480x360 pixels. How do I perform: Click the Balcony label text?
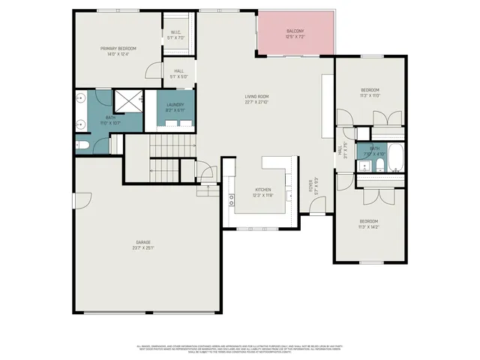(295, 30)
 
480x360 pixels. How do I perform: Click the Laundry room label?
(176, 105)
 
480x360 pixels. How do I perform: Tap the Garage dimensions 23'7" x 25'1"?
(142, 248)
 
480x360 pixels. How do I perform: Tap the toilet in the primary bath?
(83, 144)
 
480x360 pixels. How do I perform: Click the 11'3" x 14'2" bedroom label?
(369, 221)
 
